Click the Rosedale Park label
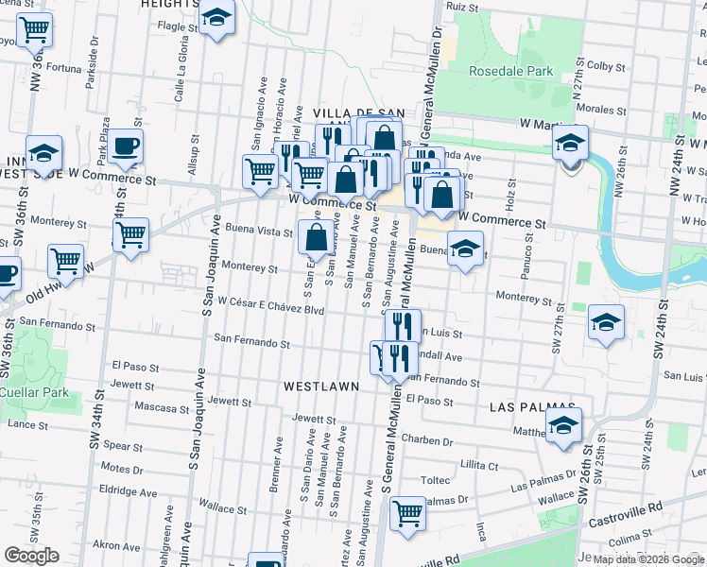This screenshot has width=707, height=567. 511,71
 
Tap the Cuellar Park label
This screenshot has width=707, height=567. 31,391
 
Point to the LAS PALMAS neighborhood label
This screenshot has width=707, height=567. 527,407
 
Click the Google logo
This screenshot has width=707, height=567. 31,556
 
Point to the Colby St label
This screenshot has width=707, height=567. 602,66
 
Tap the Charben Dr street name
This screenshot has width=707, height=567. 427,439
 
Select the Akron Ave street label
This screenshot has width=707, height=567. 116,545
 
